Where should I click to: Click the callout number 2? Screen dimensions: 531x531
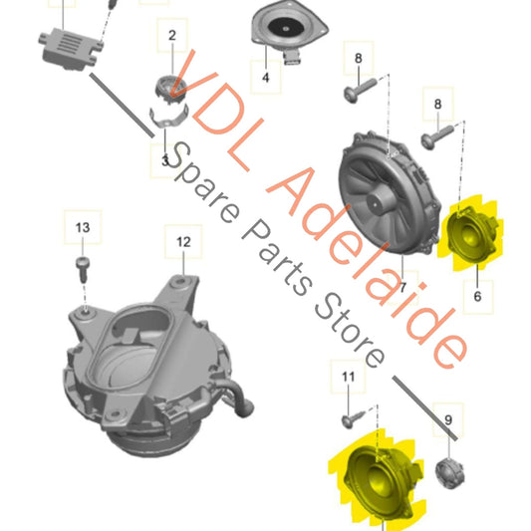[172, 35]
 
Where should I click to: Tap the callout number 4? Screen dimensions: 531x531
[266, 78]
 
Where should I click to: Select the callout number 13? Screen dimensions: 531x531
[83, 227]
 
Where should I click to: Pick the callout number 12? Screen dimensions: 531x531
[183, 242]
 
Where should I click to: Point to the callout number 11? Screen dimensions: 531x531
[348, 377]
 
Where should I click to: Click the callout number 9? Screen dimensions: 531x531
[448, 420]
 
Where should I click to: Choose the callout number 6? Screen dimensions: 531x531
[477, 296]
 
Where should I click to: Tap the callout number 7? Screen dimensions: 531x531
[402, 288]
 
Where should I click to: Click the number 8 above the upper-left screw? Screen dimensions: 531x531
[359, 58]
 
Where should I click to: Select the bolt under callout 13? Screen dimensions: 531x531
[83, 269]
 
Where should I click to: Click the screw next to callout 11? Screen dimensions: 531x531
[353, 418]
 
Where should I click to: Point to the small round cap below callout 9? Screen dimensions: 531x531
[449, 473]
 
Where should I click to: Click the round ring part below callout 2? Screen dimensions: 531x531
[171, 90]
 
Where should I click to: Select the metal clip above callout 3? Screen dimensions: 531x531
[168, 118]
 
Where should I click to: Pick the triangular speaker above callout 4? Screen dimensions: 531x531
[289, 31]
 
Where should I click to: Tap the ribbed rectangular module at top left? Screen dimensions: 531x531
[71, 49]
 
